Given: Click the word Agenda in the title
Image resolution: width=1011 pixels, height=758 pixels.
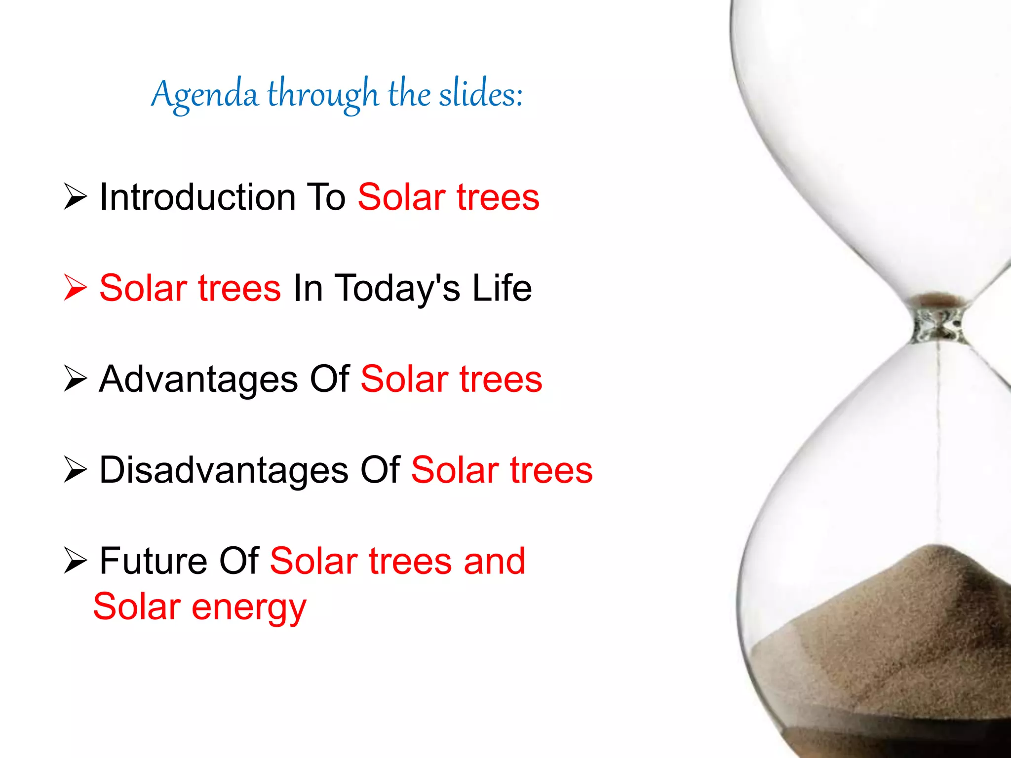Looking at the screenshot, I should point(204,95).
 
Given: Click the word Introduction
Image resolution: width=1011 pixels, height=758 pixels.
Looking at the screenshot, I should point(197,197).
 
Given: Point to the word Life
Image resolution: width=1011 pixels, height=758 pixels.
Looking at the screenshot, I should point(502,288).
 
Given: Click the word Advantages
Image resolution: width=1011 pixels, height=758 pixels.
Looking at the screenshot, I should point(198,379).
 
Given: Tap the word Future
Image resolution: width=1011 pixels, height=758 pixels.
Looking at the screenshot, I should point(153,561).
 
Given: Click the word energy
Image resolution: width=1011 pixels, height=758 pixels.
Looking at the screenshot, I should point(249,608).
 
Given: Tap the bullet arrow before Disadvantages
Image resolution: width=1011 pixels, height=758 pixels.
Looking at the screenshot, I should point(76,469).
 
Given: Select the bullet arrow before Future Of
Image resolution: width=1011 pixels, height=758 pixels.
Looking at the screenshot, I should point(76,561).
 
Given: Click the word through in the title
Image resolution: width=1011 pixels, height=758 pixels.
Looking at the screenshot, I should point(323,95).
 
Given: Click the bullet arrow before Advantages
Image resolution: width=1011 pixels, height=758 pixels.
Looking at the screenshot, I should point(76,379).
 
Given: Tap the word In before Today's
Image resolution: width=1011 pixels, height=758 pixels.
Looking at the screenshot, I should point(308,288).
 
